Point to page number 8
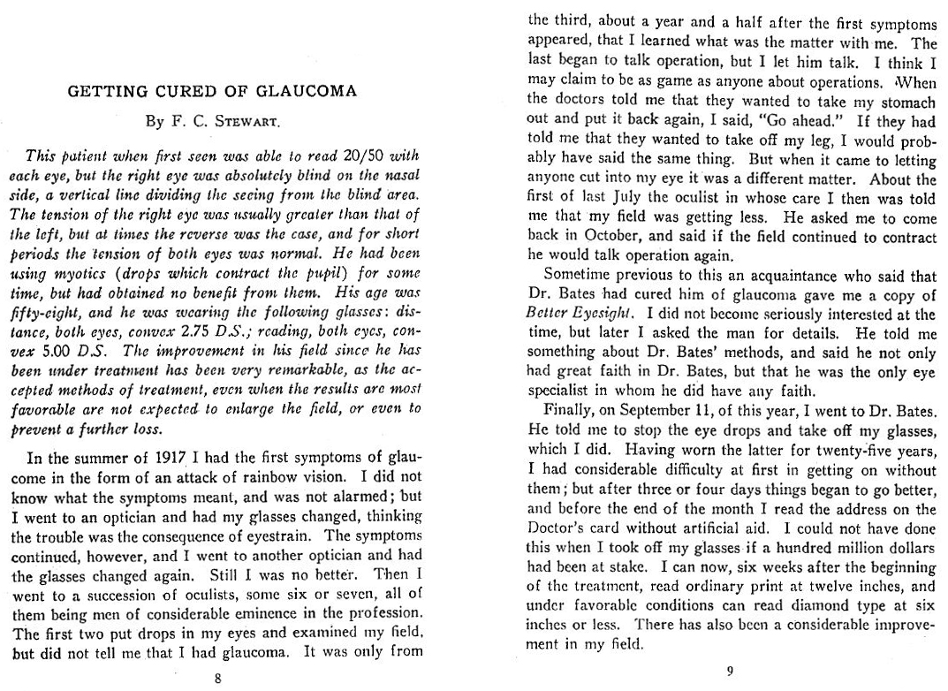click(218, 678)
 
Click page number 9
click(730, 671)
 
